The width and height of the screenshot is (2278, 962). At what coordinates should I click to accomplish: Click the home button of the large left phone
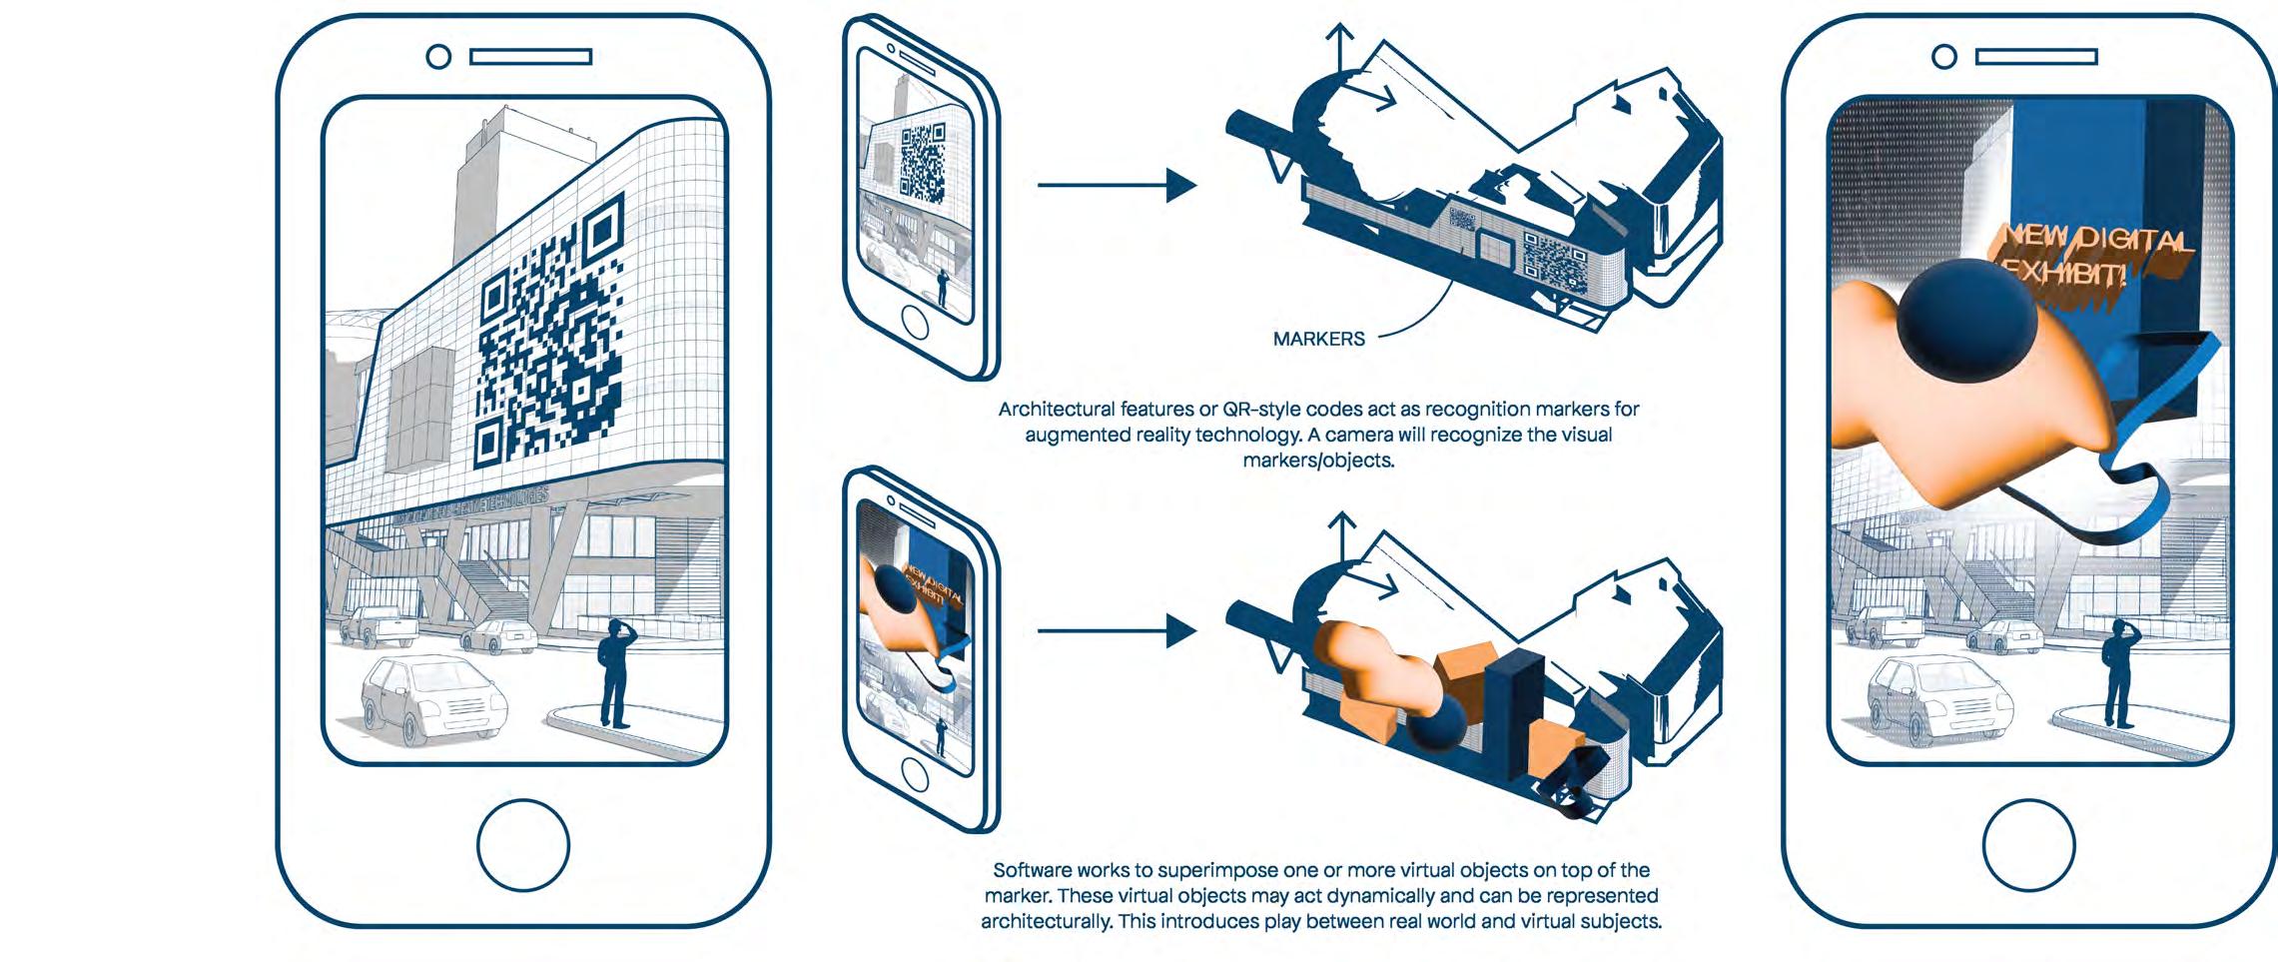[x=523, y=845]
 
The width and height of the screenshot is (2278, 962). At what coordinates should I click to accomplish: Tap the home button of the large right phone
[x=2028, y=845]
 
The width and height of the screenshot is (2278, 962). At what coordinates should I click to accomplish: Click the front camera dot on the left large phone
[x=438, y=57]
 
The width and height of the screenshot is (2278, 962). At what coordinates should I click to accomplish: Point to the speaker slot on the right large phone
[x=2036, y=57]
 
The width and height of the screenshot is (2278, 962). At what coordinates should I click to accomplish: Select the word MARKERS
[x=1318, y=339]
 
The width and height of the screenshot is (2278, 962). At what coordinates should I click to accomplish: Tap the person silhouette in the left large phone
[x=613, y=672]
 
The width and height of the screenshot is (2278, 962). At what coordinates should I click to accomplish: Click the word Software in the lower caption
[x=1030, y=870]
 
